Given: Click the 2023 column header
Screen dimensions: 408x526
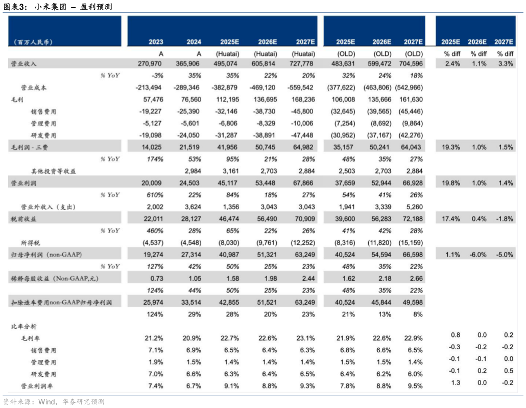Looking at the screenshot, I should click(156, 42).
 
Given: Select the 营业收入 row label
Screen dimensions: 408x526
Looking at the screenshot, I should click(23, 64).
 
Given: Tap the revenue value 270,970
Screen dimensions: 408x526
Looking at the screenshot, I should click(150, 64).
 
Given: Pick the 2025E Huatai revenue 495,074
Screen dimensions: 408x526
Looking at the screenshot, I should click(229, 64).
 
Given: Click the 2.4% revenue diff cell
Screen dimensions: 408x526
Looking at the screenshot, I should click(452, 64).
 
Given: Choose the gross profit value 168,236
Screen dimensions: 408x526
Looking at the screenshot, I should click(302, 99).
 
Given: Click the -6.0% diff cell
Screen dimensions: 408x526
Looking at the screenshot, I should click(479, 254).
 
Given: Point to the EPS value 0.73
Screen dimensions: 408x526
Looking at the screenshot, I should click(157, 278).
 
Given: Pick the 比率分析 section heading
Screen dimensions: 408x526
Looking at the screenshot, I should click(23, 326).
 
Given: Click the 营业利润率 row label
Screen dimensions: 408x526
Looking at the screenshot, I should click(37, 386).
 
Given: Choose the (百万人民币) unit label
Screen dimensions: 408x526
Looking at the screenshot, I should click(33, 42).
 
